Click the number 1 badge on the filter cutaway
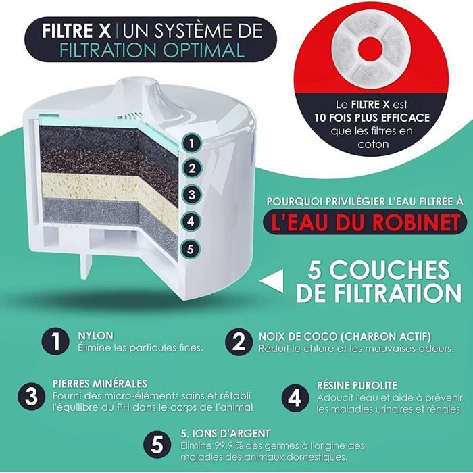(192, 143)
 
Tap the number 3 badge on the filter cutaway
(192, 195)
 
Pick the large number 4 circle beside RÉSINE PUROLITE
(295, 397)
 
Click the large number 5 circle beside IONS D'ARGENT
(157, 444)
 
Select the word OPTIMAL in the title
(205, 50)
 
